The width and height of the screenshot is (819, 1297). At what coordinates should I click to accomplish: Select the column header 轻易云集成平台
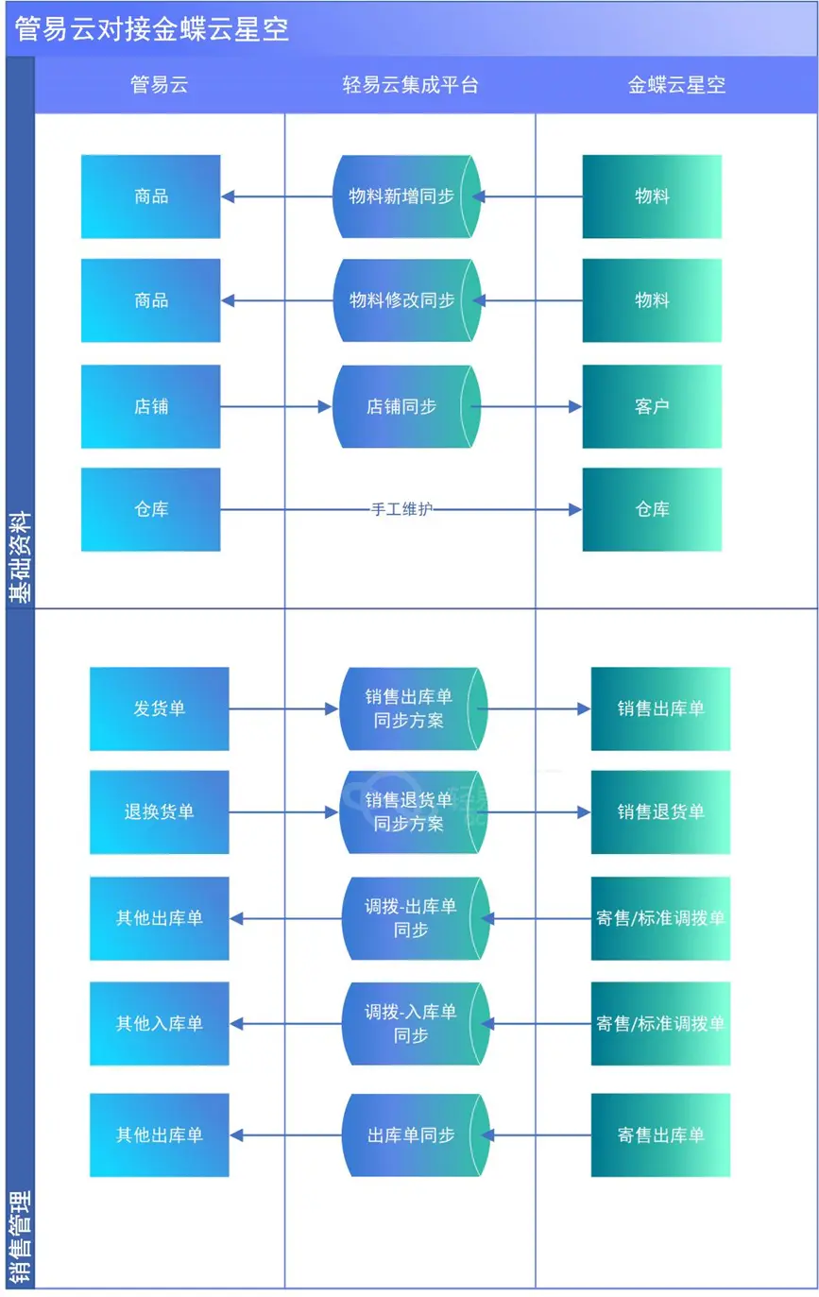pyautogui.click(x=410, y=85)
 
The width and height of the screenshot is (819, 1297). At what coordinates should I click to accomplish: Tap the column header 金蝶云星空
pyautogui.click(x=676, y=85)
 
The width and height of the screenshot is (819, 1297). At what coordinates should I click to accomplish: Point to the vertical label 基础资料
pyautogui.click(x=20, y=557)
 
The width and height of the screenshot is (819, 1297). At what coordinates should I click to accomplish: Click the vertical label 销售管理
pyautogui.click(x=20, y=1237)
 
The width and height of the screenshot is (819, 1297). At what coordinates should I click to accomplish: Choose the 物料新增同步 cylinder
pyautogui.click(x=406, y=196)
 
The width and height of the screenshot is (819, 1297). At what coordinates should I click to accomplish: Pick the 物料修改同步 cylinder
pyautogui.click(x=406, y=300)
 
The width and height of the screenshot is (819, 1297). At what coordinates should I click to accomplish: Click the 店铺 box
pyautogui.click(x=151, y=406)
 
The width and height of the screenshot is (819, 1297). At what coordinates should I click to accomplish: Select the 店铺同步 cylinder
pyautogui.click(x=406, y=406)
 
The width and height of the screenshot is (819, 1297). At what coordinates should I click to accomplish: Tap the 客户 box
pyautogui.click(x=652, y=406)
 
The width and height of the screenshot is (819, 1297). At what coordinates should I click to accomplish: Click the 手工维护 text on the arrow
pyautogui.click(x=401, y=509)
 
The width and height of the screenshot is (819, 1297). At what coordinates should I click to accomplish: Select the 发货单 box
pyautogui.click(x=160, y=708)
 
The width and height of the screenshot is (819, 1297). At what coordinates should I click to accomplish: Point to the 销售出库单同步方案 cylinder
pyautogui.click(x=411, y=708)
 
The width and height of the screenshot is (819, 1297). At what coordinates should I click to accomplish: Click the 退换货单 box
pyautogui.click(x=160, y=811)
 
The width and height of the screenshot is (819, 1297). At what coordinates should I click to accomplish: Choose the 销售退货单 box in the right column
pyautogui.click(x=660, y=811)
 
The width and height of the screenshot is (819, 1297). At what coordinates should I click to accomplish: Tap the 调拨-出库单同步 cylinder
pyautogui.click(x=413, y=918)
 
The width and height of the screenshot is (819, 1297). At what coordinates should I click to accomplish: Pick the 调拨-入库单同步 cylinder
pyautogui.click(x=413, y=1023)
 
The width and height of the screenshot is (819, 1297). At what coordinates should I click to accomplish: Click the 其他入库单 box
pyautogui.click(x=160, y=1023)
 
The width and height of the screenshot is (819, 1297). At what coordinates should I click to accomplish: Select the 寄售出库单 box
pyautogui.click(x=660, y=1135)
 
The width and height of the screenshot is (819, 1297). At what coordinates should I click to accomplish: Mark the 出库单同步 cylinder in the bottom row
pyautogui.click(x=413, y=1135)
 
